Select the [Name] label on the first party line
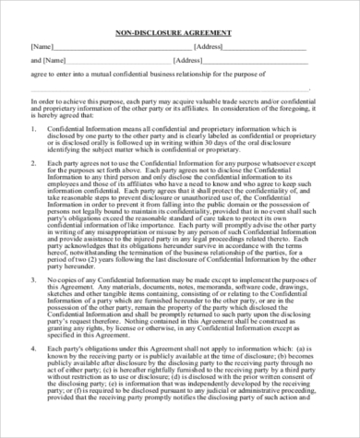pos(42,45)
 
